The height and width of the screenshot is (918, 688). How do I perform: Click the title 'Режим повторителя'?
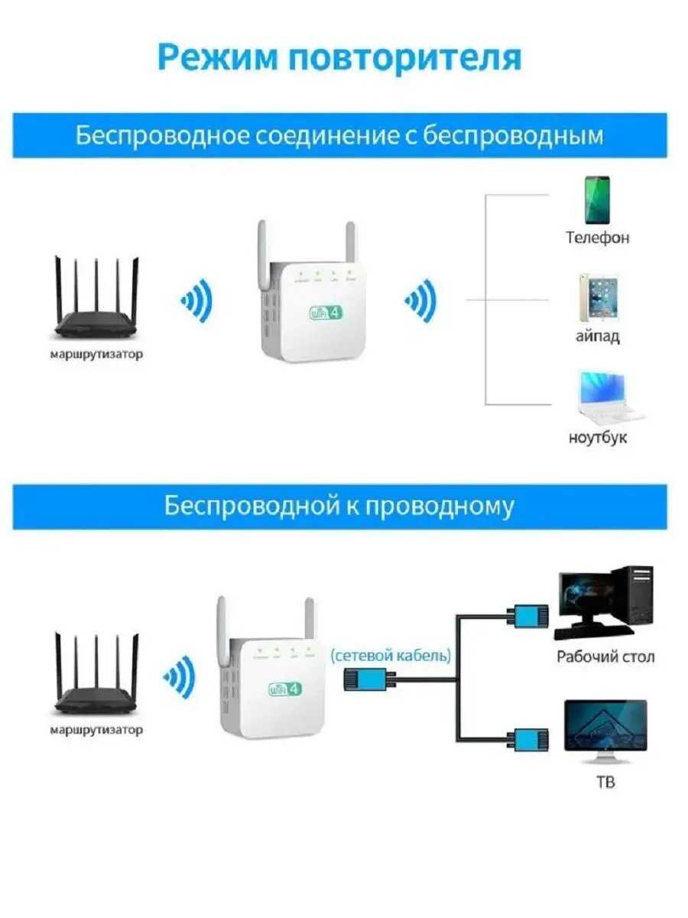pyautogui.click(x=339, y=57)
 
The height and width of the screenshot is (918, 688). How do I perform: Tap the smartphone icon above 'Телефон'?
pyautogui.click(x=597, y=200)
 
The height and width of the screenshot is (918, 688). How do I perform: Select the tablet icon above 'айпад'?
pyautogui.click(x=598, y=298)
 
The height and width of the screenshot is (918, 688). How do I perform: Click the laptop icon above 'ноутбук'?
pyautogui.click(x=604, y=398)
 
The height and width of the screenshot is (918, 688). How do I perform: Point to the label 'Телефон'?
pyautogui.click(x=598, y=238)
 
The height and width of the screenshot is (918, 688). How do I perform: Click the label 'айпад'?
pyautogui.click(x=598, y=337)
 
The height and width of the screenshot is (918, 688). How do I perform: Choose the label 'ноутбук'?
pyautogui.click(x=598, y=438)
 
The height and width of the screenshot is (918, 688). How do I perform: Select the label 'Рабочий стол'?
pyautogui.click(x=605, y=656)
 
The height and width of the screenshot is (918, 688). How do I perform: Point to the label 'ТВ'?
pyautogui.click(x=605, y=782)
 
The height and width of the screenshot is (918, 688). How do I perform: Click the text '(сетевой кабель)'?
pyautogui.click(x=391, y=656)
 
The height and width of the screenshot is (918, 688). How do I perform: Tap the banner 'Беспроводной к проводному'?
pyautogui.click(x=339, y=506)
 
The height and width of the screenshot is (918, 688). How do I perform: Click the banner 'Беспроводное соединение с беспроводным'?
pyautogui.click(x=339, y=135)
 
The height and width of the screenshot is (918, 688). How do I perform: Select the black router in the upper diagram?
pyautogui.click(x=96, y=306)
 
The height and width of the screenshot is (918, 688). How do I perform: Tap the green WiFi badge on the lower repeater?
pyautogui.click(x=285, y=688)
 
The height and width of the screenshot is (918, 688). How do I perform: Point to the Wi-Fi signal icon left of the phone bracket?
pyautogui.click(x=421, y=300)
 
